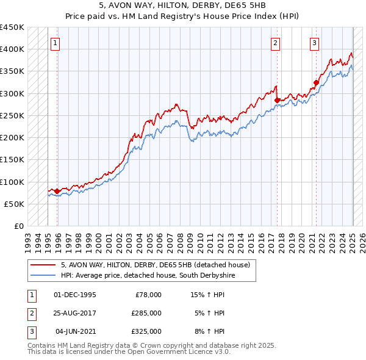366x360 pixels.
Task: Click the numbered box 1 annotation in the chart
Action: point(55,43)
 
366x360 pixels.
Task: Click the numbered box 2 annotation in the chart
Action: point(276,43)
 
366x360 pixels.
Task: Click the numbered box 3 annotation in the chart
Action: point(314,43)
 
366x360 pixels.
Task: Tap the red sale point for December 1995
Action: point(57,192)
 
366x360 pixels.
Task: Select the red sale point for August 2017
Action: point(277,100)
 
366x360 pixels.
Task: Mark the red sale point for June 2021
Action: point(317,82)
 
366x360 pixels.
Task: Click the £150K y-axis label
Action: point(12,160)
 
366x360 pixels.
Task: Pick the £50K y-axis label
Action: point(15,204)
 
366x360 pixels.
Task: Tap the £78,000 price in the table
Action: point(147,295)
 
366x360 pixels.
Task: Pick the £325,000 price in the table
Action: point(147,331)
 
